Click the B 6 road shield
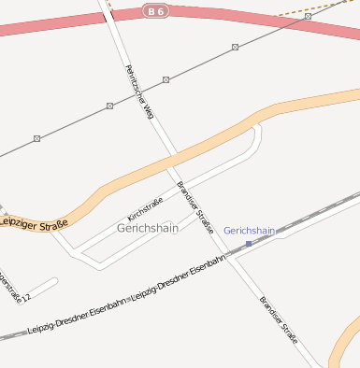[155, 10]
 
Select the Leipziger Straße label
[34, 223]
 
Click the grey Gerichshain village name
[147, 228]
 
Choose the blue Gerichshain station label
[250, 230]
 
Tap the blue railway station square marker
[249, 243]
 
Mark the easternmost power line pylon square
[308, 16]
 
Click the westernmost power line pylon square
[37, 138]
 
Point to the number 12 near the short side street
[26, 297]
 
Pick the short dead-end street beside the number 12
[42, 285]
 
